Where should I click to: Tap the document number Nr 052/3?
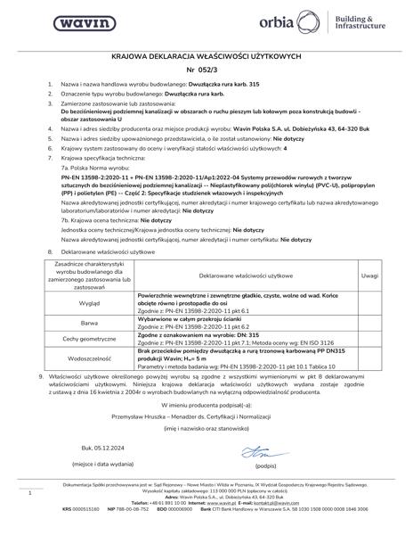click(x=206, y=69)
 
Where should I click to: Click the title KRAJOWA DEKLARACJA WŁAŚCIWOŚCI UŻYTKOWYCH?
click(x=206, y=54)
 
